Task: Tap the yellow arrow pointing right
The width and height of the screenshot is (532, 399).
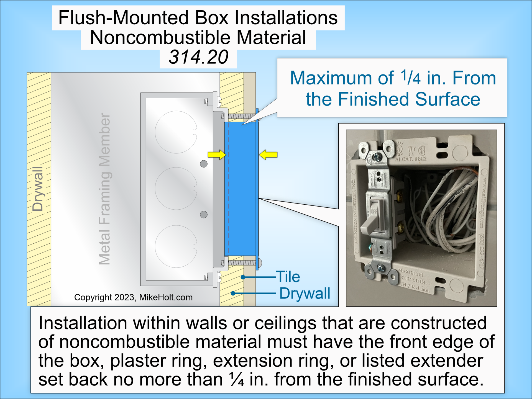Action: click(217, 155)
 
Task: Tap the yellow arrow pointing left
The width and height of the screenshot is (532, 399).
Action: click(268, 155)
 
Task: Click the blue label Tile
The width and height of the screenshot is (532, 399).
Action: click(288, 277)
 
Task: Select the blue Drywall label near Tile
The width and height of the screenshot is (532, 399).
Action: click(305, 293)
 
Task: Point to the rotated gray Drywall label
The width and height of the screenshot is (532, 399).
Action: click(38, 189)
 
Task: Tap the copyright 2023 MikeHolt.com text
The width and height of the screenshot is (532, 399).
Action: click(133, 297)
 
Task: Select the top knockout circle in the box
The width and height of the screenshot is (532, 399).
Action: click(176, 132)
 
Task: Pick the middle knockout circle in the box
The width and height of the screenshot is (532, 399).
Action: click(176, 189)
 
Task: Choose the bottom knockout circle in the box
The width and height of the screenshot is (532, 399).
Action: click(176, 246)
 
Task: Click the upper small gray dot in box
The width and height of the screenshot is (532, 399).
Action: click(204, 164)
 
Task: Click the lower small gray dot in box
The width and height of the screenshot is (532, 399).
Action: click(204, 214)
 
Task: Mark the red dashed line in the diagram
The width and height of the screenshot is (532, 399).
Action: click(228, 188)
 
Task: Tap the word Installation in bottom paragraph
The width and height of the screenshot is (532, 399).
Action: click(83, 323)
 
